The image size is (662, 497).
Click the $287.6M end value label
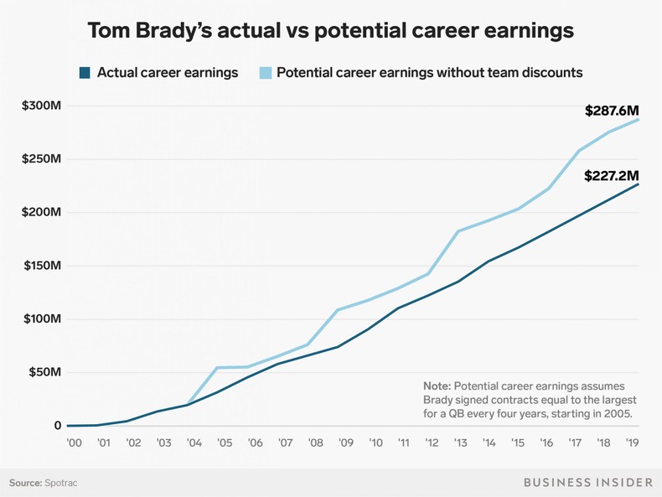click(612, 111)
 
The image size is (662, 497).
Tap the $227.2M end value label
click(612, 177)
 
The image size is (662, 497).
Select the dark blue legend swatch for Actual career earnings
click(85, 73)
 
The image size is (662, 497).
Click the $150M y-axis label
click(41, 266)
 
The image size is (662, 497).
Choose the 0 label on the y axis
click(58, 426)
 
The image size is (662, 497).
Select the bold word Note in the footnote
click(437, 386)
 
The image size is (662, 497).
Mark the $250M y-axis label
click(41, 159)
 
